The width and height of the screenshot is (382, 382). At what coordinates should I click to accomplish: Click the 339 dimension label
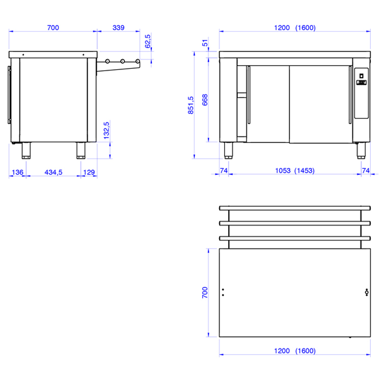click(118, 28)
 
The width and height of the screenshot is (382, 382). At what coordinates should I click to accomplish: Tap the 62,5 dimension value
click(148, 41)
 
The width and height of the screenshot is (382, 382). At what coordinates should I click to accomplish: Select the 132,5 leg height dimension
click(106, 130)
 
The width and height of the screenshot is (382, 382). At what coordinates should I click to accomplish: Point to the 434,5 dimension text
click(53, 172)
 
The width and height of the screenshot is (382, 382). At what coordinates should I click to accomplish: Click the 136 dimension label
click(17, 172)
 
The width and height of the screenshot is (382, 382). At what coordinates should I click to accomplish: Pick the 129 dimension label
click(89, 172)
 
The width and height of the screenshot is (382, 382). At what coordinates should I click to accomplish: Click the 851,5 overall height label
click(191, 105)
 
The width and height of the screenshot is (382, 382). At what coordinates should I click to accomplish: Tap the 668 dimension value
click(205, 100)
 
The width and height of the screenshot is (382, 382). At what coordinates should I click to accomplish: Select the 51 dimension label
click(205, 43)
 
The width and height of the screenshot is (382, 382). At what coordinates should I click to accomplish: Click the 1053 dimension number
click(283, 171)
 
